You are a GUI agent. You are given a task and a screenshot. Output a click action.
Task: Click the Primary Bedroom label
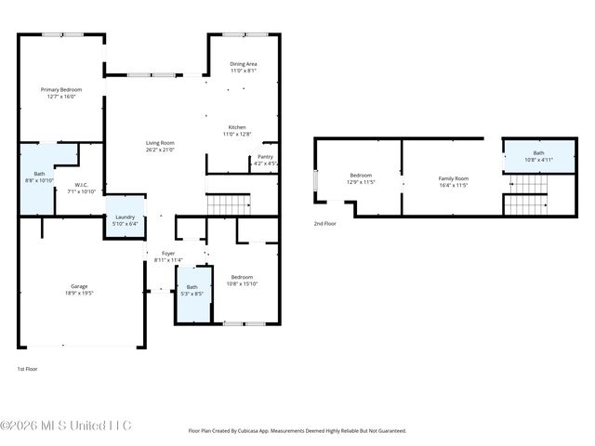coord(58,89)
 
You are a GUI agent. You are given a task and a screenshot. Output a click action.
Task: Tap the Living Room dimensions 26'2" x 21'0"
coord(160,150)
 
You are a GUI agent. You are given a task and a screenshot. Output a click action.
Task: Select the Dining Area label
coord(244,63)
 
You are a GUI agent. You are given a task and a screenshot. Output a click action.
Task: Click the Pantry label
coord(265,157)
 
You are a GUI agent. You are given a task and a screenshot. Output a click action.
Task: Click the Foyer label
coord(168,253)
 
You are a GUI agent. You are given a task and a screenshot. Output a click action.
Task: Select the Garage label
coord(80,286)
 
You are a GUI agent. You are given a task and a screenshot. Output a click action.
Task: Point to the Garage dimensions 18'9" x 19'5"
coord(80,293)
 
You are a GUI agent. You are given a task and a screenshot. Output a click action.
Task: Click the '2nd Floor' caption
coord(324,224)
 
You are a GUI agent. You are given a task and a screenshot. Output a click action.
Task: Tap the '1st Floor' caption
coord(27,369)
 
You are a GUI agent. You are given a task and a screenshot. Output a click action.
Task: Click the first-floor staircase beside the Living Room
coord(229,203)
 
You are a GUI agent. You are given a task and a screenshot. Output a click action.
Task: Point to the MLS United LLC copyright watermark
coord(66,426)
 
